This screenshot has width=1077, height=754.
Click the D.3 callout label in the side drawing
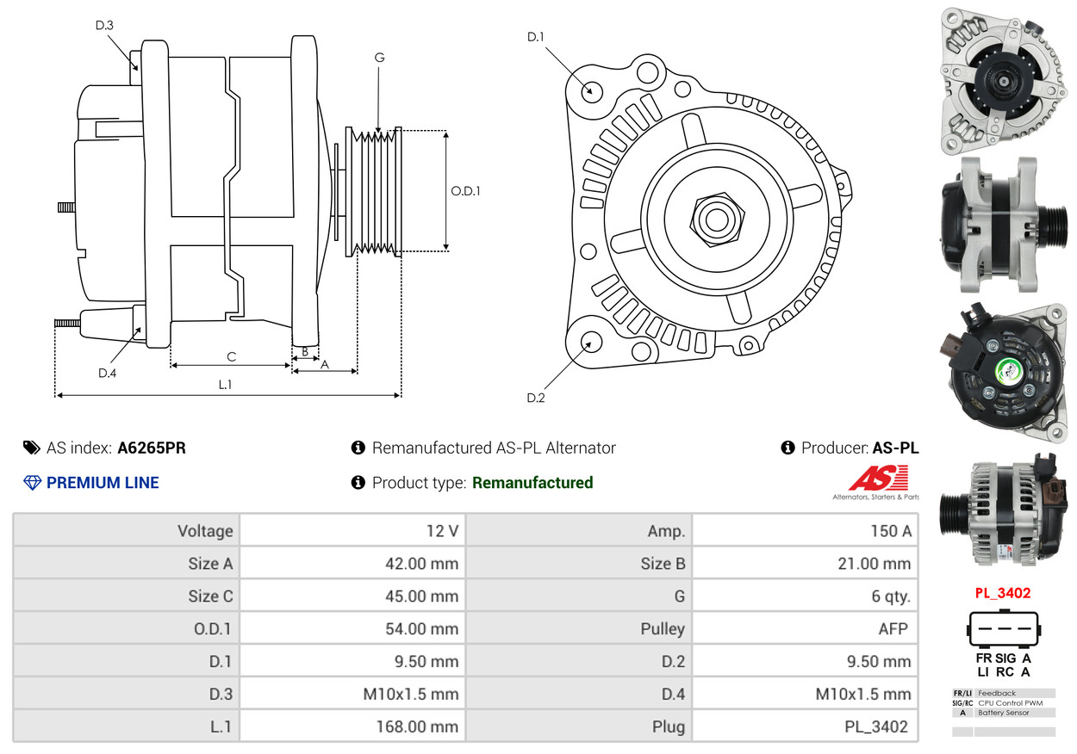104,25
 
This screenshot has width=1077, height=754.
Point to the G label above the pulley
379,58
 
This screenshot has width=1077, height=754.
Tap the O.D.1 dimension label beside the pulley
465,190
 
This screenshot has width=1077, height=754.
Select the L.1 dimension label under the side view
225,385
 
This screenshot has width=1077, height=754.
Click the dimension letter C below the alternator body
231,356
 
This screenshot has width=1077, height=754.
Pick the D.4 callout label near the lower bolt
107,373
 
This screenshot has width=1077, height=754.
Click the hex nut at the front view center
715,218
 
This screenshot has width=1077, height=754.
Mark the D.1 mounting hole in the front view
591,90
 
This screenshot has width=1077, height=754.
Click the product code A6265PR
152,448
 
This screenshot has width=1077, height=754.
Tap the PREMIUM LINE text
103,483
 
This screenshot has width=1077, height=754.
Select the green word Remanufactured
532,483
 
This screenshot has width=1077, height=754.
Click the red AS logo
878,478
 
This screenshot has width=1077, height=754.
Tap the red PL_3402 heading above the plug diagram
1002,593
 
